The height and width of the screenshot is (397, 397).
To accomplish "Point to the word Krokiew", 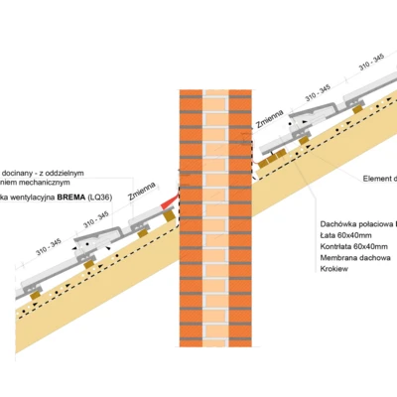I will (335, 273).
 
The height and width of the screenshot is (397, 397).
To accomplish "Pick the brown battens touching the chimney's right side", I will (269, 156).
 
